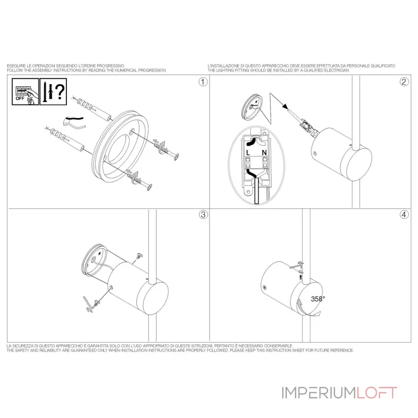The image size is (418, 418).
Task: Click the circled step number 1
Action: (x=203, y=82)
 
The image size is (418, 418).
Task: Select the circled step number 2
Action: (x=404, y=82)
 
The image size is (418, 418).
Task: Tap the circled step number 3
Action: (x=203, y=215)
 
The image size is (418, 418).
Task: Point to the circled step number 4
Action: (x=404, y=215)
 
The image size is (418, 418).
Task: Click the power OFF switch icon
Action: (x=25, y=91)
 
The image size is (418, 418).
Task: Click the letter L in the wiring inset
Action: (x=248, y=153)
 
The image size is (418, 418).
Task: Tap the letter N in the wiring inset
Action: (x=264, y=153)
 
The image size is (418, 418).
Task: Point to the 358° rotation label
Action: (x=318, y=299)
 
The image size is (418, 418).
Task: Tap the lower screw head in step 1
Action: (x=150, y=187)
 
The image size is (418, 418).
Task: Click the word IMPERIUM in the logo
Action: (x=319, y=393)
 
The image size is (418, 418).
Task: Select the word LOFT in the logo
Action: (x=377, y=393)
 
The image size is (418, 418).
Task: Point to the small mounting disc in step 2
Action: (x=252, y=108)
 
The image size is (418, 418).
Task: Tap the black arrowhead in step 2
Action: (x=285, y=106)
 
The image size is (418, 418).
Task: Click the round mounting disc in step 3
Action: (x=94, y=259)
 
